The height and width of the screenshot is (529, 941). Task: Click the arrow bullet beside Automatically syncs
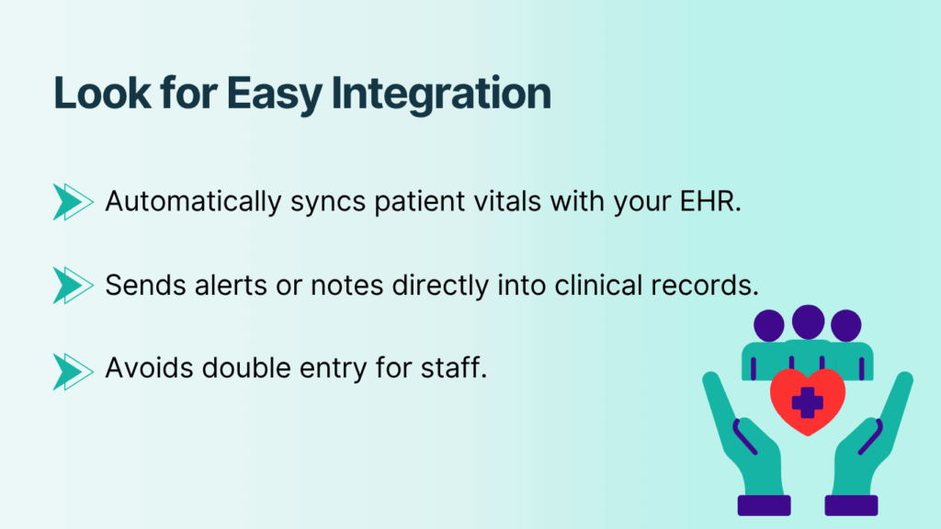[73, 201]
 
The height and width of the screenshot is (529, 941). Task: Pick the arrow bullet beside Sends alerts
[73, 285]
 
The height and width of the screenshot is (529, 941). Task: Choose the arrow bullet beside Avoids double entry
[73, 368]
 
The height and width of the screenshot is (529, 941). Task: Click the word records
[708, 285]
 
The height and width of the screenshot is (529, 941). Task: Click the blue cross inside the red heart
[807, 401]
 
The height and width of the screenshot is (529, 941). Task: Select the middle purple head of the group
[808, 322]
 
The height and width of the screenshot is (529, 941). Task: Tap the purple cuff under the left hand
[763, 504]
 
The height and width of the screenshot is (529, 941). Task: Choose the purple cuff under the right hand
[851, 504]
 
